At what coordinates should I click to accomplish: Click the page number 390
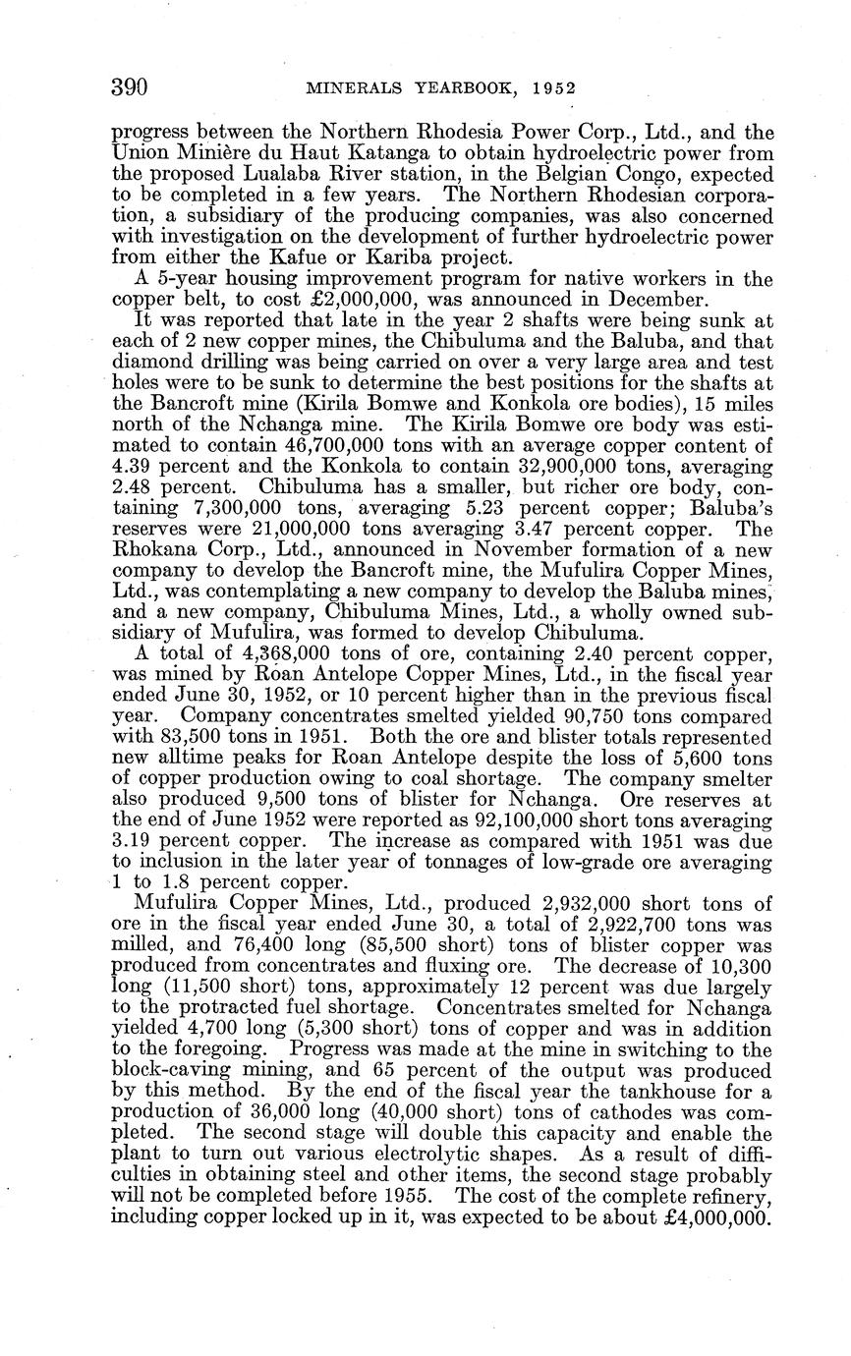pyautogui.click(x=129, y=87)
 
